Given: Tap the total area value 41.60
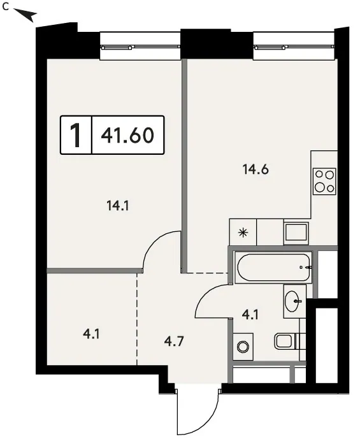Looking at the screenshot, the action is pyautogui.click(x=127, y=135).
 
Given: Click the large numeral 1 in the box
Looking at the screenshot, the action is pyautogui.click(x=76, y=135).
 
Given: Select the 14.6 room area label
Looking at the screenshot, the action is pyautogui.click(x=256, y=169).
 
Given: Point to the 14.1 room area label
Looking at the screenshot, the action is pyautogui.click(x=118, y=205).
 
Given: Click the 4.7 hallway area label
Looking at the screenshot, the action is pyautogui.click(x=174, y=341).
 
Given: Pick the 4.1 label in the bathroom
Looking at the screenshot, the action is pyautogui.click(x=250, y=315).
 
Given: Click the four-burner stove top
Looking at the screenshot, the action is pyautogui.click(x=324, y=182).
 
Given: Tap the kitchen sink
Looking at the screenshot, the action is pyautogui.click(x=296, y=232).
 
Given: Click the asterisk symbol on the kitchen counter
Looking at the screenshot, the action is pyautogui.click(x=243, y=233).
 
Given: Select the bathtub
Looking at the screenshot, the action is pyautogui.click(x=273, y=268).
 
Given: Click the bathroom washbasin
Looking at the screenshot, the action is pyautogui.click(x=294, y=301).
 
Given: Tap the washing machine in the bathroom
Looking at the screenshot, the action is pyautogui.click(x=243, y=347).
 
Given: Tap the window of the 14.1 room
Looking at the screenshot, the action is pyautogui.click(x=140, y=47).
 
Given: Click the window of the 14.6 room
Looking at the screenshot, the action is pyautogui.click(x=294, y=47).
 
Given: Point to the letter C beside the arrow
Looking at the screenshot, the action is pyautogui.click(x=5, y=8).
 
